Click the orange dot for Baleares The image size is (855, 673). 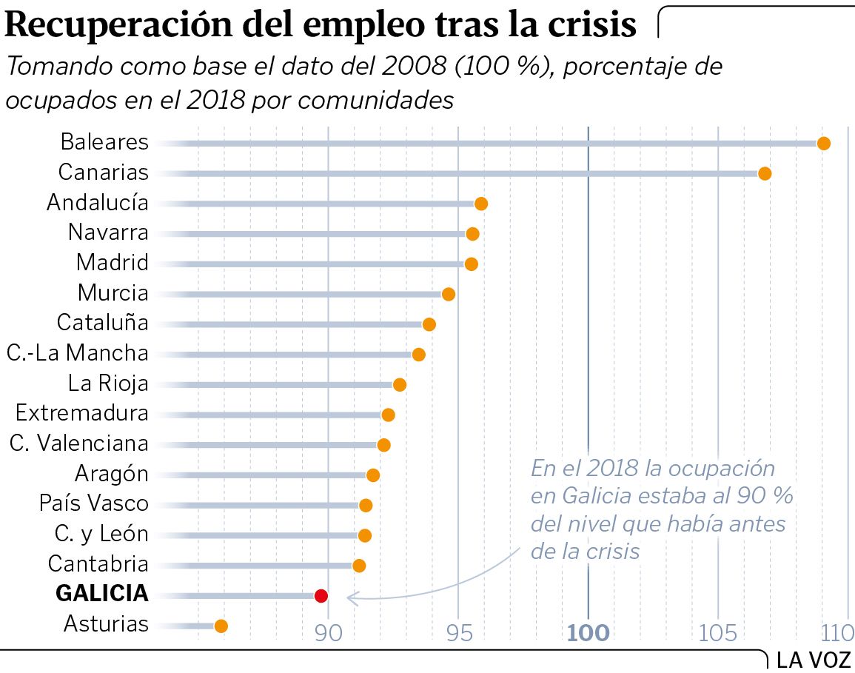pos(823,143)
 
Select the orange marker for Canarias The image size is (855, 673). pos(765,173)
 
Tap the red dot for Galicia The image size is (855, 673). pos(321,595)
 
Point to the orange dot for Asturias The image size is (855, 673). pos(221,626)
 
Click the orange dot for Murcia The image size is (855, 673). pos(448,294)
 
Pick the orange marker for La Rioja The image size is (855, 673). pos(400,385)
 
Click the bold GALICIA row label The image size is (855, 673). pos(102,594)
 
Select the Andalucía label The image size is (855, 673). pos(98,202)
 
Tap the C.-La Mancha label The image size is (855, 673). pos(78,353)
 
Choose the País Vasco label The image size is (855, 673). pos(94,503)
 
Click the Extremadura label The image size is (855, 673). pos(82,412)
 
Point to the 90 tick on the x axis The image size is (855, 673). pos(328,633)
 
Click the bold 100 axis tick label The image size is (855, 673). pos(589,633)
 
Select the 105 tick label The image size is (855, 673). pos(718,633)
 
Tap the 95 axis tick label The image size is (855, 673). pos(458,633)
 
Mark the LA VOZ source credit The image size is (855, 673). pos(814,659)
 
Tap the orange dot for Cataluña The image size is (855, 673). pos(429,324)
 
